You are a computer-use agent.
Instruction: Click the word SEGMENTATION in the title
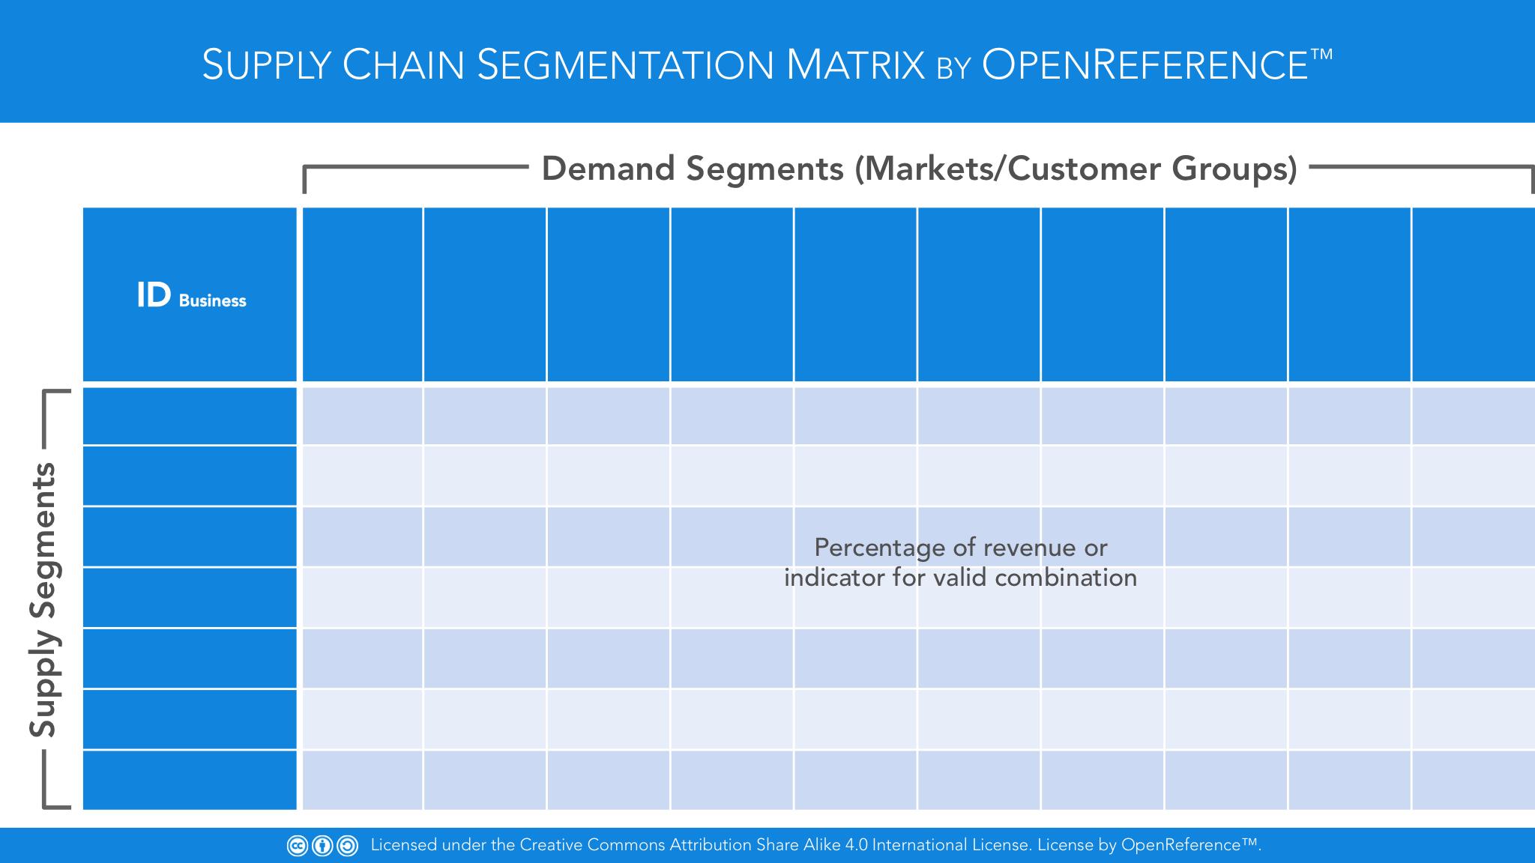625,65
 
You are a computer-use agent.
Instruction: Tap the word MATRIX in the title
855,65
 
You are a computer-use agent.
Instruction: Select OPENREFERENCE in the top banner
1145,65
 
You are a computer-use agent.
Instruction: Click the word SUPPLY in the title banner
266,65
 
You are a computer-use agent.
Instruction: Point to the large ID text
154,295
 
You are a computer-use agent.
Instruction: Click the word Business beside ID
212,301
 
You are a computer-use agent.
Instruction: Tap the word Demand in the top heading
608,169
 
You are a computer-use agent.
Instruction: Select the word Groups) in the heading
1235,169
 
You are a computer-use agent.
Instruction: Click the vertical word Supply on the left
43,683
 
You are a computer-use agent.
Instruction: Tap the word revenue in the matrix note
1030,548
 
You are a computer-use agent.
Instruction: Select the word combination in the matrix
1066,578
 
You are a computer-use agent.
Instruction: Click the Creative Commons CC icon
298,846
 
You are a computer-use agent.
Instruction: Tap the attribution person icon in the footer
322,846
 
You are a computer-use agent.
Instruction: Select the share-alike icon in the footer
347,846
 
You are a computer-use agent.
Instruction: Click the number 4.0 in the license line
856,845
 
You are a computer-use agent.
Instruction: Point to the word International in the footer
919,845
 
